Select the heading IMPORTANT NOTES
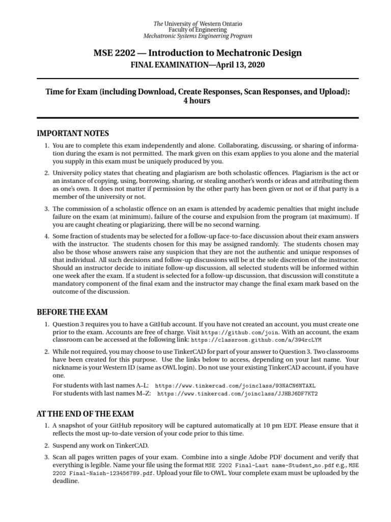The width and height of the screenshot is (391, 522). pyautogui.click(x=73, y=134)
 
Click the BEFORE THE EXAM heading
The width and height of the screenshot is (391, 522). pyautogui.click(x=72, y=312)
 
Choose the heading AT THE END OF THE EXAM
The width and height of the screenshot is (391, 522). pyautogui.click(x=86, y=413)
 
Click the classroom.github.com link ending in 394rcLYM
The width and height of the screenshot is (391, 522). pyautogui.click(x=256, y=340)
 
